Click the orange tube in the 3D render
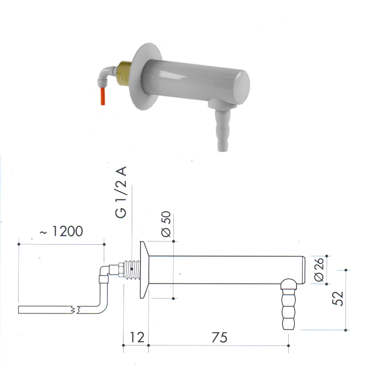click(x=103, y=97)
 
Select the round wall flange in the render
click(x=144, y=76)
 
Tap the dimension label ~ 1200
click(x=61, y=231)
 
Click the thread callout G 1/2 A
click(x=120, y=192)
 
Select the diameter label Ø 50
click(x=166, y=224)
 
